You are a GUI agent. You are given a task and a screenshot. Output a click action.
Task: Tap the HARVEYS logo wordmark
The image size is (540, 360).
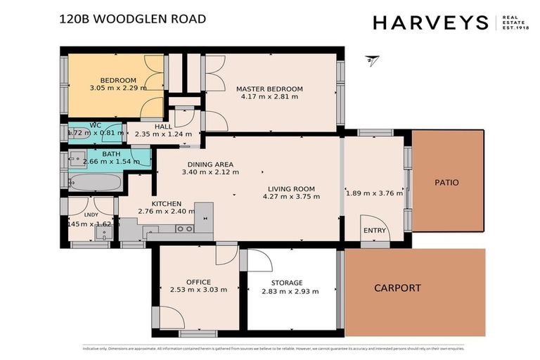[x=430, y=22]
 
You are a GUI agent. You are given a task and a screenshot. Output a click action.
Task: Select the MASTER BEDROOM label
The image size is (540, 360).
[x=269, y=89]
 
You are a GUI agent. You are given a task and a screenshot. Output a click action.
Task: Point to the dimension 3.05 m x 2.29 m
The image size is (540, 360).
[x=118, y=89]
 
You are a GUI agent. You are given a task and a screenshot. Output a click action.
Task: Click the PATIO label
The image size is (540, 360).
[x=446, y=183]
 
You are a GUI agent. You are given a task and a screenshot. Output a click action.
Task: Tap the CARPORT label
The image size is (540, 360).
[x=397, y=288]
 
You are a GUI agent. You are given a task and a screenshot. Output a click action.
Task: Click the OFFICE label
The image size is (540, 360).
[x=198, y=282]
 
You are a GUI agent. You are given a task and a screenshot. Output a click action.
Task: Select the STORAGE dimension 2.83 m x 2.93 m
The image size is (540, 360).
[x=290, y=292]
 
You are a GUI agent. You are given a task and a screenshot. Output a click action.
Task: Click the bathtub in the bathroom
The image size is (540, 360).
[x=96, y=184]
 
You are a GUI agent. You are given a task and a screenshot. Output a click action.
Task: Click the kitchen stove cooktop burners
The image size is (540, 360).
[x=185, y=229]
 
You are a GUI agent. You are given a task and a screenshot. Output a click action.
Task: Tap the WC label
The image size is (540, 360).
[x=96, y=125]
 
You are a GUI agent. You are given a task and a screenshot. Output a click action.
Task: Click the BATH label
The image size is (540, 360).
[x=111, y=153]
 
